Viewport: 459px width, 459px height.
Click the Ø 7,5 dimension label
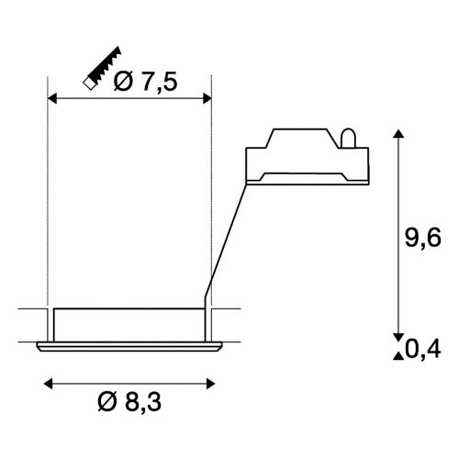[145, 82]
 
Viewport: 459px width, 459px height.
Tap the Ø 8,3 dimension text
[129, 402]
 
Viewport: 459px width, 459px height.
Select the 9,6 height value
[423, 238]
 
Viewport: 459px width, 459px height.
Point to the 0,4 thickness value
[423, 349]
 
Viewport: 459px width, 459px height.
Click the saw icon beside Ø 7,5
[103, 68]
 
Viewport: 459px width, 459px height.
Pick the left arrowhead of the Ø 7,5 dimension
[52, 99]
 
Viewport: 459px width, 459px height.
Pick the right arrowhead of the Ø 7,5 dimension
[207, 99]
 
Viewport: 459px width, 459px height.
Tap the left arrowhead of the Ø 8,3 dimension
[49, 384]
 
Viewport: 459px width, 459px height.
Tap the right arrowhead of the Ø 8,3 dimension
[210, 384]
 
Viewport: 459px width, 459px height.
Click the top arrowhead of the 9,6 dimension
[398, 134]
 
